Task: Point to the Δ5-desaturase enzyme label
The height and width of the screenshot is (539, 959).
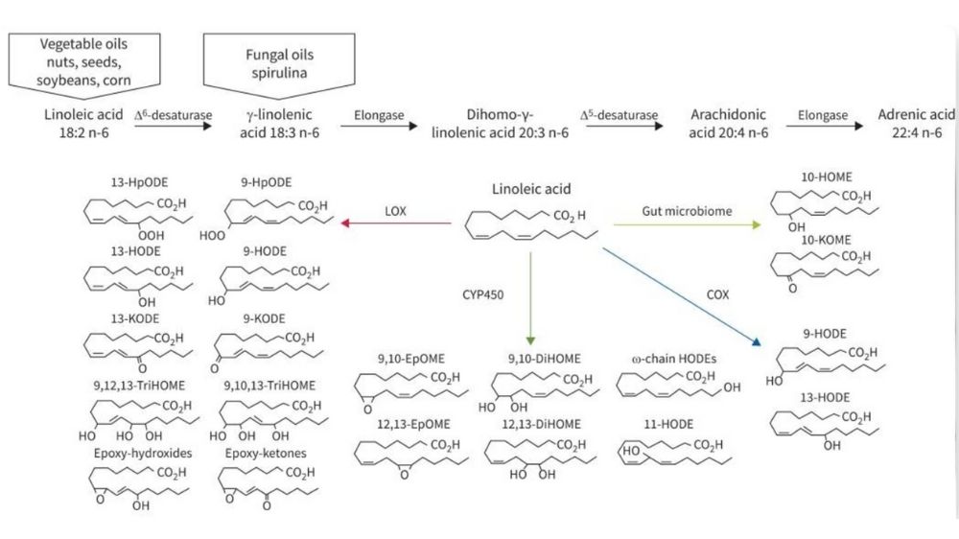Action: point(620,115)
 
